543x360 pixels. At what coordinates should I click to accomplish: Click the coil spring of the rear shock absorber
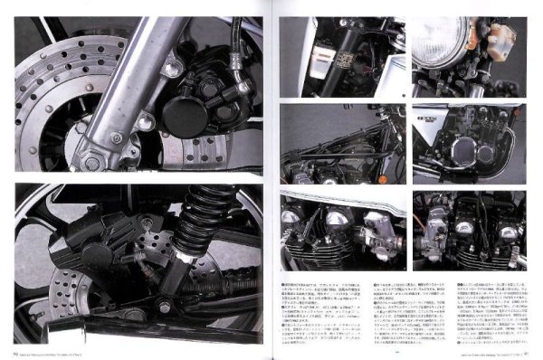point(205,222)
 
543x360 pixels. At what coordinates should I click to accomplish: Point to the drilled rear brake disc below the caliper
point(100,298)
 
